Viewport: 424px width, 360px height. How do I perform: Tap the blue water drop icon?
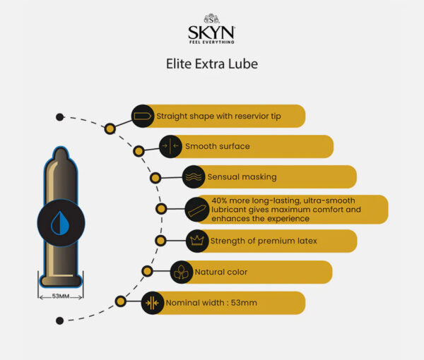click(x=60, y=223)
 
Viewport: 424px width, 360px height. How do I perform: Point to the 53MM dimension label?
click(x=61, y=296)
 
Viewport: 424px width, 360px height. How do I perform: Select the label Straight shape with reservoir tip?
click(x=218, y=116)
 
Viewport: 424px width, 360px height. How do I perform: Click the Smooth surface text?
click(x=217, y=147)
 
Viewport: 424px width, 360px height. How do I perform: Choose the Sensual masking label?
click(x=241, y=176)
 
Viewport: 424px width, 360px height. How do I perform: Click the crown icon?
click(x=197, y=241)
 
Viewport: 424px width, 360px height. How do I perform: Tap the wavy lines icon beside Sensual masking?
click(x=193, y=176)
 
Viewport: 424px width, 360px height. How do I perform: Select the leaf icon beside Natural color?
click(x=182, y=272)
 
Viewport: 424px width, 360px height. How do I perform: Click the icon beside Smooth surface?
click(x=170, y=147)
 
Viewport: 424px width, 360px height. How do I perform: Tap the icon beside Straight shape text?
click(x=142, y=116)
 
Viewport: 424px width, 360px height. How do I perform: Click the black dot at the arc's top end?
click(x=59, y=117)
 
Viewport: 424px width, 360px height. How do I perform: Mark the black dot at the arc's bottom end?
click(x=59, y=320)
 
